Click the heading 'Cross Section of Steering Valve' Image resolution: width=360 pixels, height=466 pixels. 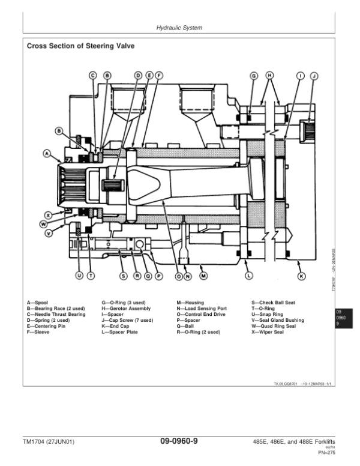pos(80,46)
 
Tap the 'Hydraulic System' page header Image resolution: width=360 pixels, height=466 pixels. pos(179,28)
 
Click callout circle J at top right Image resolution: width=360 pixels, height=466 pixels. pos(313,76)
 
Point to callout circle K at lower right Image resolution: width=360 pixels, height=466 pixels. pos(301,276)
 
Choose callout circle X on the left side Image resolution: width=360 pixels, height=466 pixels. pos(49,214)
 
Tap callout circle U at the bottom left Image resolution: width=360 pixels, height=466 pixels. pos(78,276)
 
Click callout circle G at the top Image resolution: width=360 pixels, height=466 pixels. pos(253,76)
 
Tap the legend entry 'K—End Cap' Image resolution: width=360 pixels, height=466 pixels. pos(115,326)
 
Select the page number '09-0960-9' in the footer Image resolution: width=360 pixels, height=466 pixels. pos(179,442)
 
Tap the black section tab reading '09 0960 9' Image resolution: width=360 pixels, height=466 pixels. pos(340,317)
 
